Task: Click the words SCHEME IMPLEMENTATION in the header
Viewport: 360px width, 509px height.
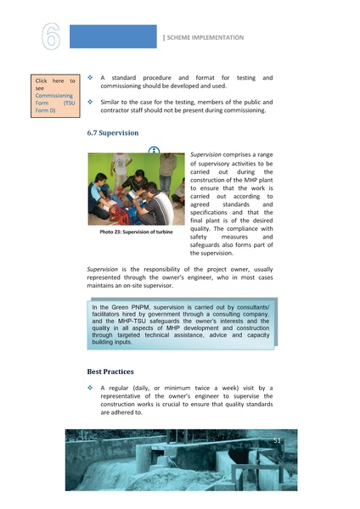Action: point(205,37)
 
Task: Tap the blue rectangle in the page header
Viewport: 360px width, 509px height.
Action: point(114,36)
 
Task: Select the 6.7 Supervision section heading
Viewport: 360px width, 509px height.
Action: point(113,134)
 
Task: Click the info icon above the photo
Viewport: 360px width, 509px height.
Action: point(154,151)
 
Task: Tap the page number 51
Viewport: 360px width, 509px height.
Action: point(277,441)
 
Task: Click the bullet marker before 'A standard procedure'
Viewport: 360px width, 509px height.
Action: point(90,78)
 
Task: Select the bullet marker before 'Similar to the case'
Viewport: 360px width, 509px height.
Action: point(90,100)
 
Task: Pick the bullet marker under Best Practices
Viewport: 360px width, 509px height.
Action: point(90,388)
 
